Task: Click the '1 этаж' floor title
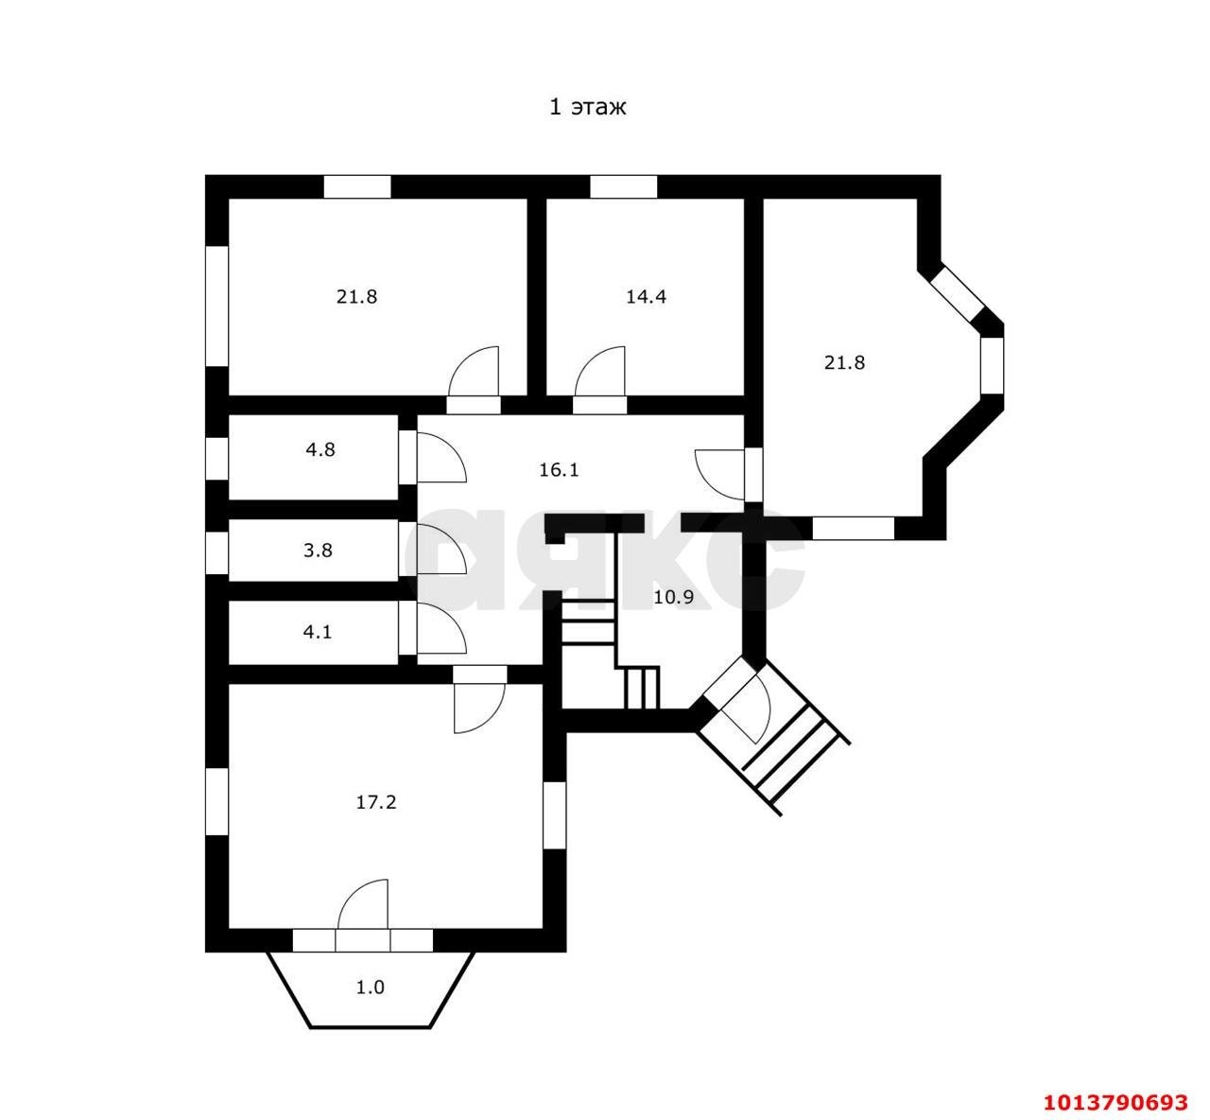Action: pos(587,107)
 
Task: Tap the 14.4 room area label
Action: pos(646,297)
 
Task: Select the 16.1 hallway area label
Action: pos(559,470)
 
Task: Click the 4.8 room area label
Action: pos(320,450)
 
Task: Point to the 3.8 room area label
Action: pos(318,551)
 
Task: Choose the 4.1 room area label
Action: pos(318,632)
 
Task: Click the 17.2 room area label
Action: pos(376,802)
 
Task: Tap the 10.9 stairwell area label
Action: pos(673,598)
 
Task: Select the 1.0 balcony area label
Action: pos(370,1005)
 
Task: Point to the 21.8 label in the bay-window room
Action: pos(844,363)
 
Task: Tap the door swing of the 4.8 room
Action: pos(441,458)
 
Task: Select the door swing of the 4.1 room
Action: pos(441,628)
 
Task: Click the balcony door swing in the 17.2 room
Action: pos(363,904)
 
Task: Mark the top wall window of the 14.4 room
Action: pos(624,186)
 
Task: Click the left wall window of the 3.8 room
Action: pos(216,553)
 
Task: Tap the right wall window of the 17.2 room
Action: pos(555,815)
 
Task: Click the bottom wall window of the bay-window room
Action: pos(854,528)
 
